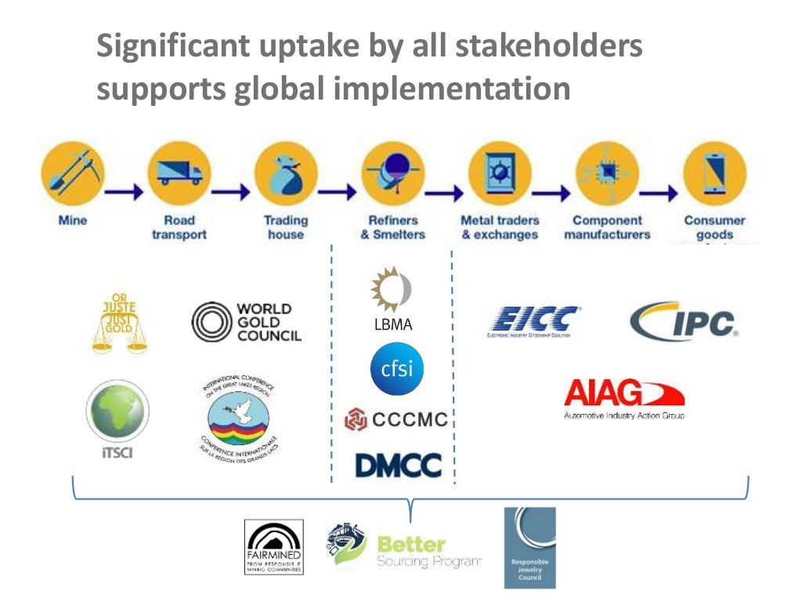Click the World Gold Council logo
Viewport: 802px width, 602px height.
coord(247,322)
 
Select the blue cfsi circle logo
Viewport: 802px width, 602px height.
coord(397,368)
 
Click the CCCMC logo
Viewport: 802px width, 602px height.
coord(396,419)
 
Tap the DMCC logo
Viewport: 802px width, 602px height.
coord(398,465)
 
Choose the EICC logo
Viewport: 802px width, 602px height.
coord(535,321)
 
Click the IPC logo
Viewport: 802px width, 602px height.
coord(685,321)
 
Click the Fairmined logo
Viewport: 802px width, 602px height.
coord(273,546)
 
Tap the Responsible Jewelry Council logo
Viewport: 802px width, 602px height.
coord(529,547)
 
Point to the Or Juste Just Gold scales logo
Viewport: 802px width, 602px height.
coord(118,321)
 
